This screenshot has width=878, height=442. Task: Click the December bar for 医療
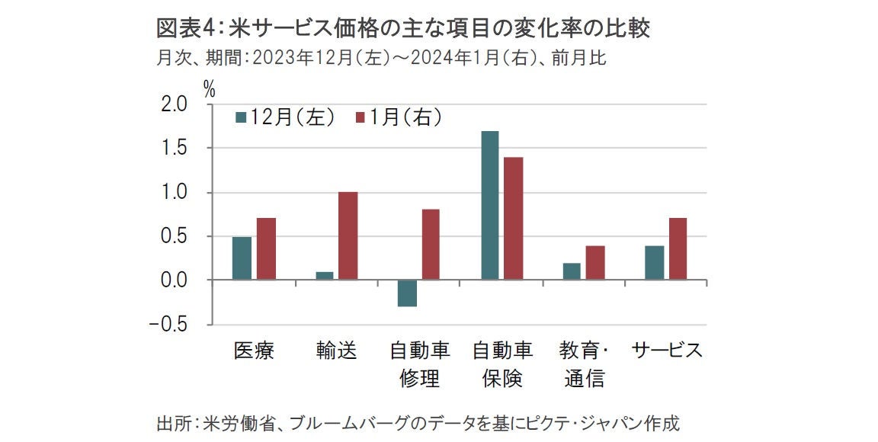click(x=242, y=258)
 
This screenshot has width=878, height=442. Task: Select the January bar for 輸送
click(x=348, y=236)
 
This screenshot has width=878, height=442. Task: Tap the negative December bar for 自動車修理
click(x=407, y=293)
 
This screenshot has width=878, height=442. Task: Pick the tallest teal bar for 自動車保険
click(x=489, y=206)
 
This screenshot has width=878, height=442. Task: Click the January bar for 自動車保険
click(x=513, y=219)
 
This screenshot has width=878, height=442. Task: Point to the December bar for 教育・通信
click(x=572, y=272)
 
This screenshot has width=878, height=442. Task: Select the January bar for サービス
click(x=678, y=249)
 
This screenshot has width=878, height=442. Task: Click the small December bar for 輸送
click(x=325, y=276)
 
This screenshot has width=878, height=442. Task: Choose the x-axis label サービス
click(x=667, y=351)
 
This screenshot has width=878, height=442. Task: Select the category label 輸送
click(x=336, y=351)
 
